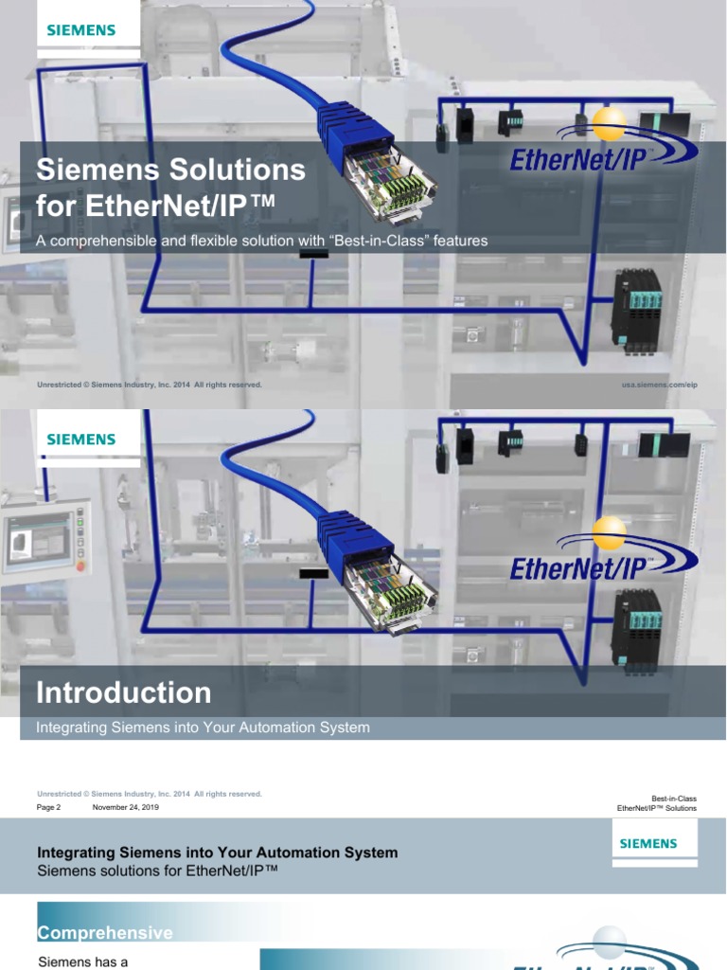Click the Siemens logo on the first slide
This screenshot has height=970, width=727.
click(81, 30)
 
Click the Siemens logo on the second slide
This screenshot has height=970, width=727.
click(81, 440)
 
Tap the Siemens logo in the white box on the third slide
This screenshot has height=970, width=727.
click(648, 843)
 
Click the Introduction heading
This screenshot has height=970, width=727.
click(124, 692)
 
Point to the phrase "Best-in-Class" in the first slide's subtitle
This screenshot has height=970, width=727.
click(373, 241)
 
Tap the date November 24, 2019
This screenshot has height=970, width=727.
click(125, 808)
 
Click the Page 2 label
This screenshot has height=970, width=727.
click(48, 808)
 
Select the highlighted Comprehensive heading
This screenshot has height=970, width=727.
click(104, 933)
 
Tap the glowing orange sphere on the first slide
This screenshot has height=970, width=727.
click(608, 121)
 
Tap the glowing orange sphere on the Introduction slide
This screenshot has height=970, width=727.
click(608, 532)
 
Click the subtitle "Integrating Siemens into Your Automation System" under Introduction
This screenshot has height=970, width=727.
click(203, 727)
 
